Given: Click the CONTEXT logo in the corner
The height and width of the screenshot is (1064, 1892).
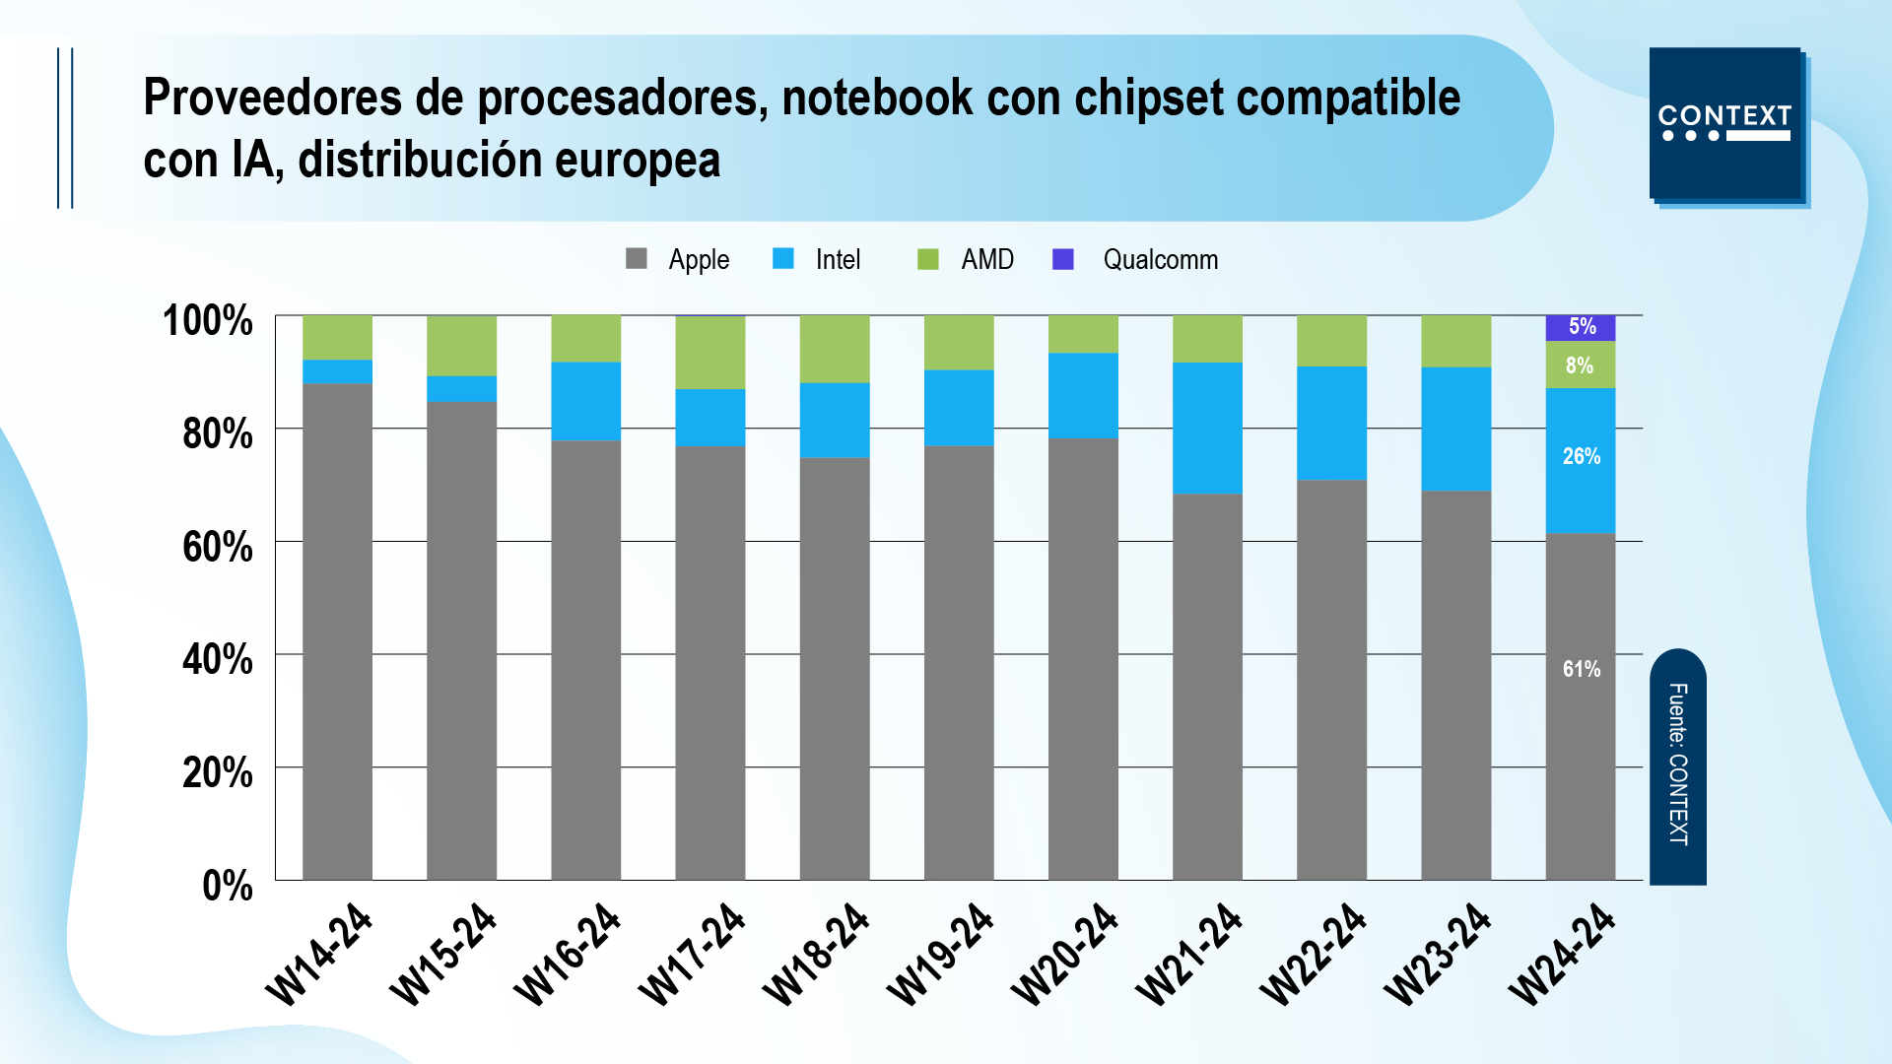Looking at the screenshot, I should [x=1725, y=124].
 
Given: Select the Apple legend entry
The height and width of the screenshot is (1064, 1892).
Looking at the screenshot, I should [x=678, y=259].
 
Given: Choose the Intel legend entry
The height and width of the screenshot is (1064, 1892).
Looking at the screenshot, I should [x=817, y=259].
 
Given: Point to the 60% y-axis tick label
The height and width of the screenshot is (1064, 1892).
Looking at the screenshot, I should [x=218, y=547].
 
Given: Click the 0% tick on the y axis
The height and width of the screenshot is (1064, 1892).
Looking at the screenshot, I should [x=228, y=886].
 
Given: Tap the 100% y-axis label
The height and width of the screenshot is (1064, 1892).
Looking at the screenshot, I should [x=208, y=321].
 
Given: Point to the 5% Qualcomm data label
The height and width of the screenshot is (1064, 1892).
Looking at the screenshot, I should [x=1582, y=326].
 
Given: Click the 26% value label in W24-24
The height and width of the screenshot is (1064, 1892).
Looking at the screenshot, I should [x=1581, y=456].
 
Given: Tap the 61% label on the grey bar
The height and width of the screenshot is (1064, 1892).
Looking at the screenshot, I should [x=1581, y=669].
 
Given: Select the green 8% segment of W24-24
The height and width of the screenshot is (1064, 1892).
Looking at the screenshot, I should [x=1580, y=366].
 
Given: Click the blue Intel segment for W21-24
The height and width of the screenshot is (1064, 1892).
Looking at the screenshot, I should [x=1207, y=428].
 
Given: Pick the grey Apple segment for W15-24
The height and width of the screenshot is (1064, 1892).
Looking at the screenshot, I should [x=461, y=640].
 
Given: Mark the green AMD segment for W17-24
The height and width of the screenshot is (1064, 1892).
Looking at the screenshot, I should [x=709, y=353].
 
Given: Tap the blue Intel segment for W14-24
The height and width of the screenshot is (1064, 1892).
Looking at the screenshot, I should [x=337, y=371].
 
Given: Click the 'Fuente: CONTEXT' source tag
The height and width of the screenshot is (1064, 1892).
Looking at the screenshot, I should [x=1678, y=765].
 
